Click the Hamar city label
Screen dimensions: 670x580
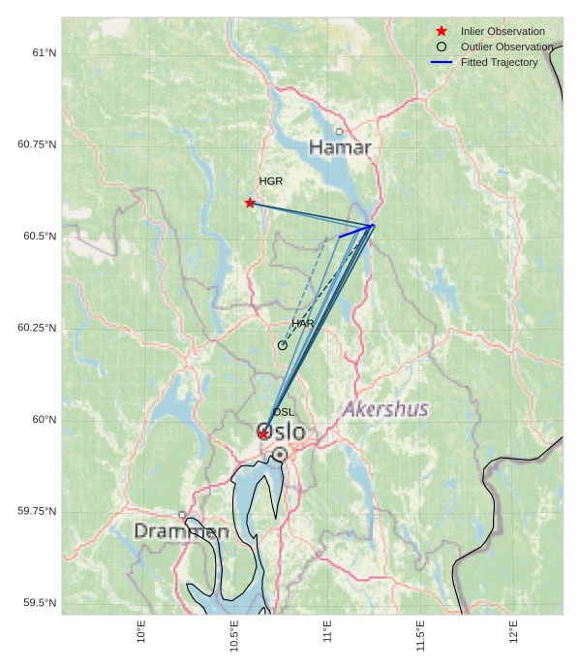340,147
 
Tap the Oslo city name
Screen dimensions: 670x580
281,431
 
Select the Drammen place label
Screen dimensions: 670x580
181,531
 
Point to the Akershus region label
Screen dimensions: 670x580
385,409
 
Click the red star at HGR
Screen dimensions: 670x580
250,203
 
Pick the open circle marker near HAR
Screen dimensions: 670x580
283,345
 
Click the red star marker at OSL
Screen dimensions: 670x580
263,433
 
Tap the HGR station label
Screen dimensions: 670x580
271,181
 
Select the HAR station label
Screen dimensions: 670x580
303,323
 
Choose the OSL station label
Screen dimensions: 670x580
284,412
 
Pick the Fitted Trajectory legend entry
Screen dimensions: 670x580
499,62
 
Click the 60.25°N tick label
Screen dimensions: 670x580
37,328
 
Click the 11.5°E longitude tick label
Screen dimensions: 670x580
420,636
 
